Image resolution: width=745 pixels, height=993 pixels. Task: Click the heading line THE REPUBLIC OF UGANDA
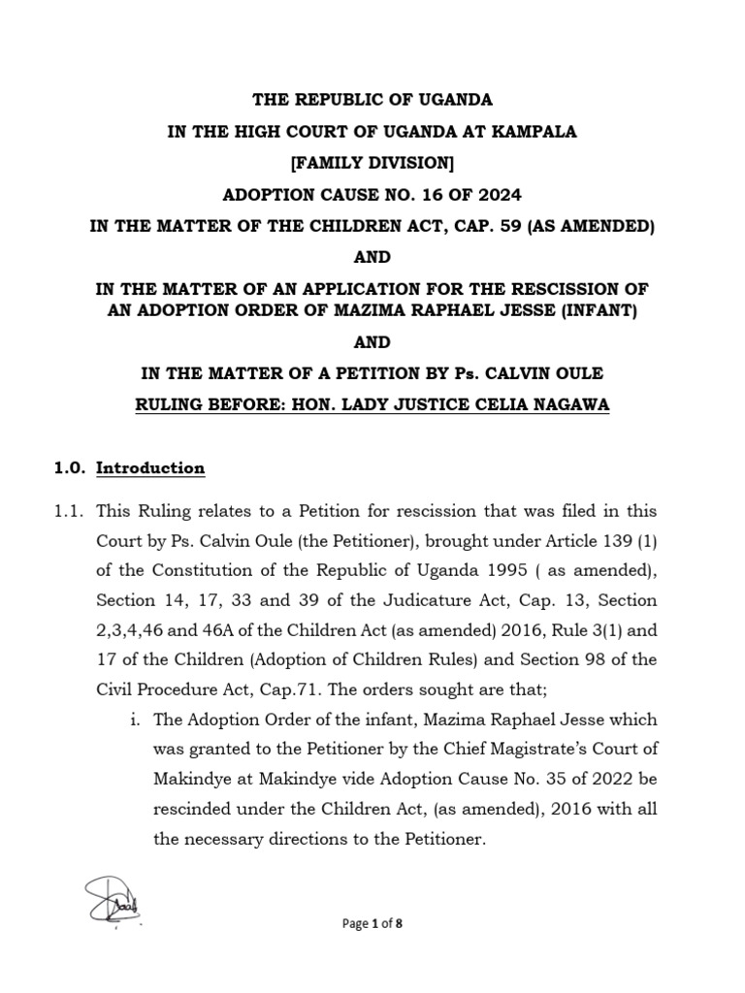click(372, 100)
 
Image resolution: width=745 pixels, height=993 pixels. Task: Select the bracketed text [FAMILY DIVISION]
click(372, 163)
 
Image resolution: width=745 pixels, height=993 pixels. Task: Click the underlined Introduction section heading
click(150, 468)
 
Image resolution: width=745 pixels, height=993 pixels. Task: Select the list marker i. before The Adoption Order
click(137, 721)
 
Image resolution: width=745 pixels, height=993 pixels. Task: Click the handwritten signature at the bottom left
click(111, 897)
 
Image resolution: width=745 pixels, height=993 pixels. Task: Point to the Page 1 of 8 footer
click(372, 924)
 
